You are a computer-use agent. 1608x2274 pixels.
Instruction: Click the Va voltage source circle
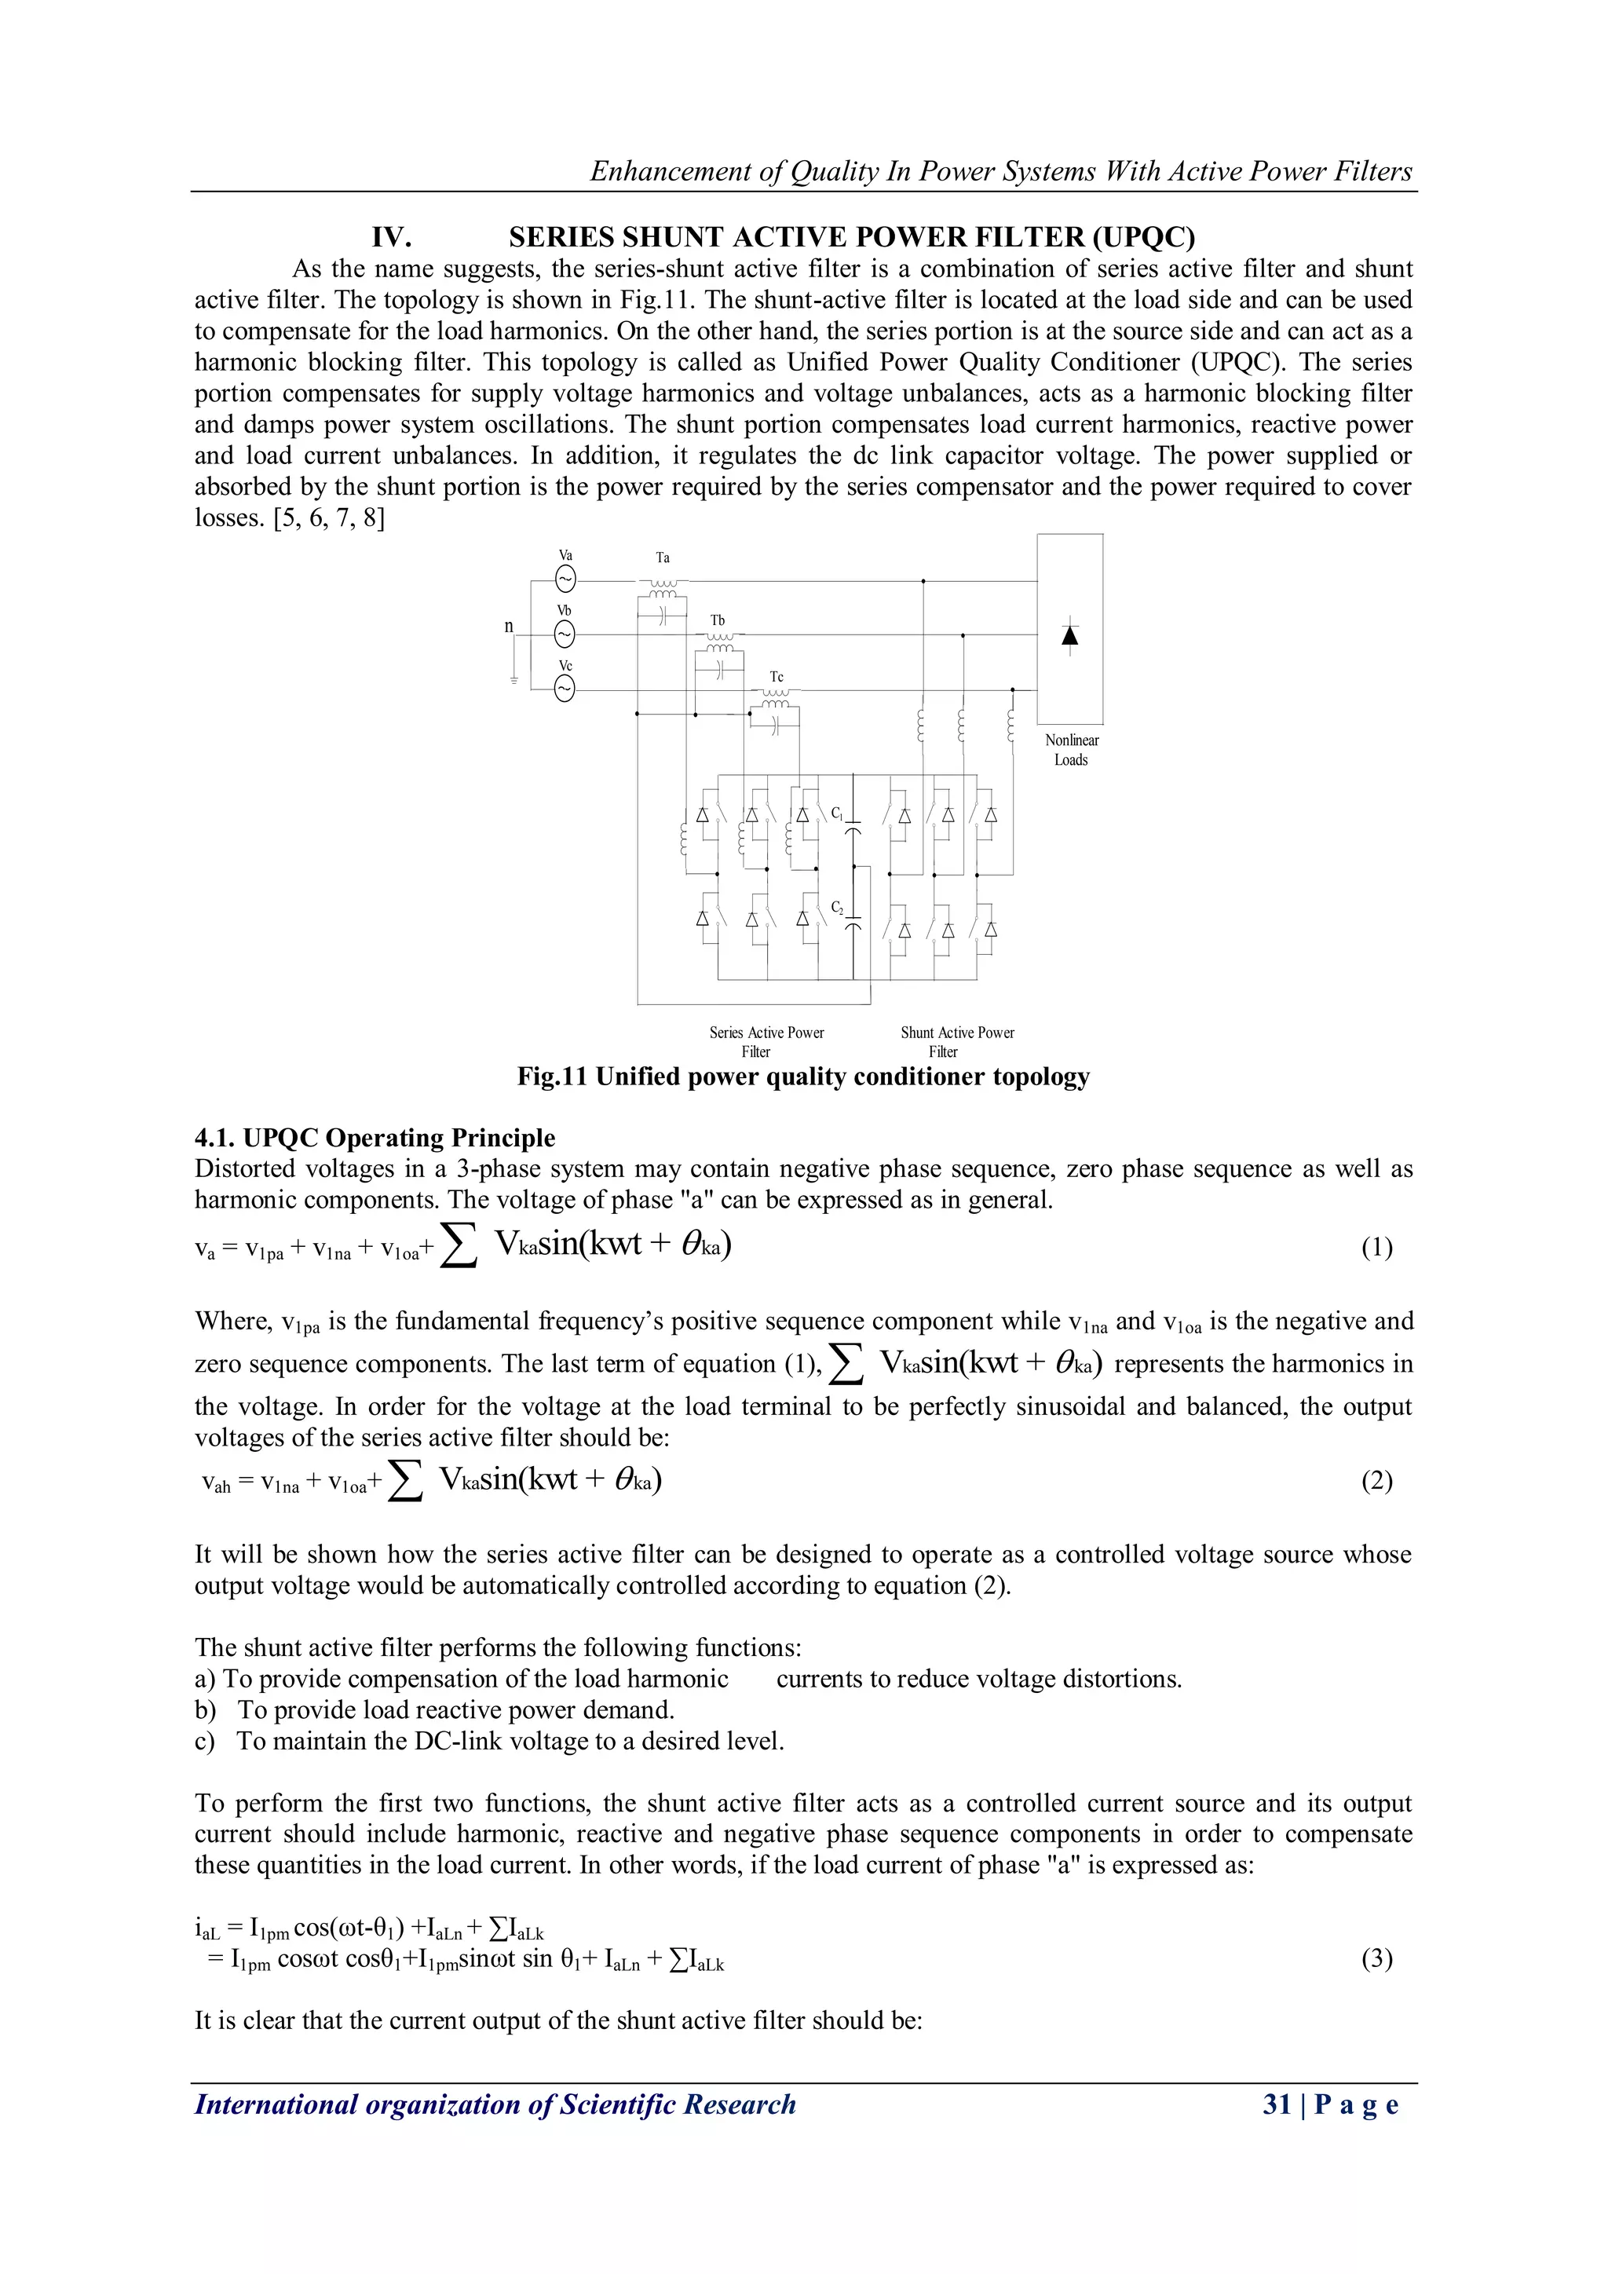coord(565,579)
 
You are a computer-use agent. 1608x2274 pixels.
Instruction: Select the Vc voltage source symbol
coord(565,689)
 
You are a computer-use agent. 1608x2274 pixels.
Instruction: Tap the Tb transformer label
coord(718,620)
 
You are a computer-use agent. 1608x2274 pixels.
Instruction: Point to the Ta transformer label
coord(663,558)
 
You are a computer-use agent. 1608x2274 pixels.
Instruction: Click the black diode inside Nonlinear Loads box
coord(1069,636)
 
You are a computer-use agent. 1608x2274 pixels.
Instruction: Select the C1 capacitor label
coord(837,813)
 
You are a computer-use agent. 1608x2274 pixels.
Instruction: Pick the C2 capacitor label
coord(837,907)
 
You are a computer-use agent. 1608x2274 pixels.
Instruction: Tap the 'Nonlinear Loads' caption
coord(1071,750)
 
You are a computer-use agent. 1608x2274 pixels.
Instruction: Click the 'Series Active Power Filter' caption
coord(766,1041)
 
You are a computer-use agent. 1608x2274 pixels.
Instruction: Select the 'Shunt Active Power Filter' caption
coord(956,1041)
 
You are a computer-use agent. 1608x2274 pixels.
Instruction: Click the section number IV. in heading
coord(391,238)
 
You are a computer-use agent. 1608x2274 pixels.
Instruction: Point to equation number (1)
coord(1376,1247)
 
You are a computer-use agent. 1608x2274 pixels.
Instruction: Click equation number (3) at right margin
coord(1376,1958)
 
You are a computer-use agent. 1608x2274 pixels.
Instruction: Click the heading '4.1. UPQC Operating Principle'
coord(375,1137)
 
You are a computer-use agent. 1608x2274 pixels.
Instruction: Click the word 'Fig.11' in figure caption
coord(551,1077)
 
